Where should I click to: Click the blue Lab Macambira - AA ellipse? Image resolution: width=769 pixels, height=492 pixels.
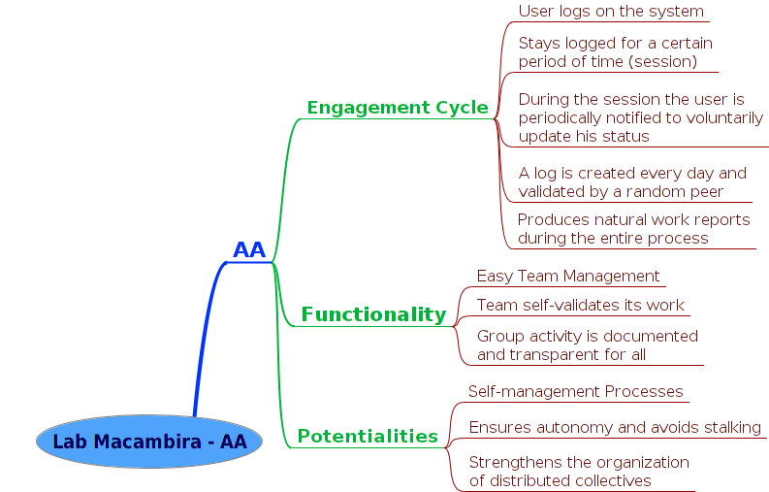(149, 442)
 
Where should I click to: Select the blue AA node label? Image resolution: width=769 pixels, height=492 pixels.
(249, 249)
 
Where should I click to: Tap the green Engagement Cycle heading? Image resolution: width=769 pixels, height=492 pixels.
(398, 108)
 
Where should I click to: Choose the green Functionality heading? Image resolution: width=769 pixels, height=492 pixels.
(373, 314)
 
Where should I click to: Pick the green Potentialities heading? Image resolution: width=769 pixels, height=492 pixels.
(368, 436)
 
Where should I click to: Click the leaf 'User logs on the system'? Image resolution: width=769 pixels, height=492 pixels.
(611, 11)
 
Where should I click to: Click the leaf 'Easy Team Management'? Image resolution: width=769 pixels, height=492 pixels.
(568, 276)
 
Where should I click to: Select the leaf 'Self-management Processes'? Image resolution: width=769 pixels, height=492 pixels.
(575, 391)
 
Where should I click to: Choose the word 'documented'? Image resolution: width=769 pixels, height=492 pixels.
(651, 337)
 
